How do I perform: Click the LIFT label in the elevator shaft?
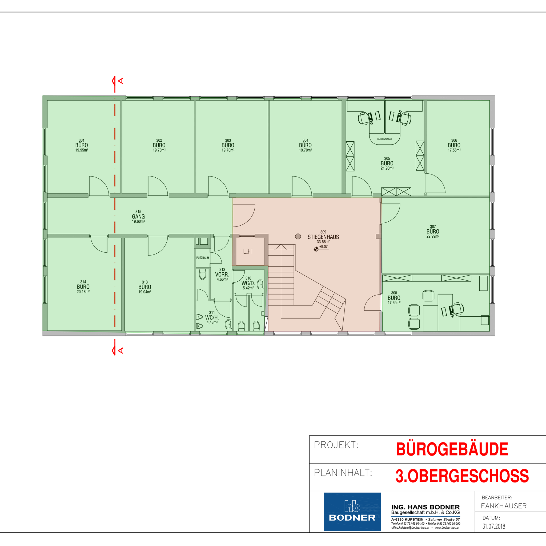pyautogui.click(x=248, y=251)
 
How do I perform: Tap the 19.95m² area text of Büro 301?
pyautogui.click(x=81, y=150)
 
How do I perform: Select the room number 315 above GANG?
pyautogui.click(x=138, y=212)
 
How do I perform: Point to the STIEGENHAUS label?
pyautogui.click(x=323, y=237)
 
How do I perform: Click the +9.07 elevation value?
pyautogui.click(x=324, y=246)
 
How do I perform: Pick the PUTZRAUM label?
pyautogui.click(x=203, y=258)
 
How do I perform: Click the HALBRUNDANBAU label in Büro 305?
pyautogui.click(x=384, y=139)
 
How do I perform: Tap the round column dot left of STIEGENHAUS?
pyautogui.click(x=298, y=236)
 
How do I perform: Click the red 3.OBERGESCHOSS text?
pyautogui.click(x=462, y=476)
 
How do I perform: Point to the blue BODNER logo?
pyautogui.click(x=352, y=512)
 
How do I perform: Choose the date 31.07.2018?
pyautogui.click(x=494, y=526)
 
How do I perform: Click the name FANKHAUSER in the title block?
pyautogui.click(x=504, y=506)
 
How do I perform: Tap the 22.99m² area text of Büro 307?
pyautogui.click(x=433, y=236)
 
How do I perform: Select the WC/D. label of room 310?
pyautogui.click(x=248, y=283)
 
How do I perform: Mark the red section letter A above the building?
pyautogui.click(x=121, y=81)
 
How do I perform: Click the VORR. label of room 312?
pyautogui.click(x=222, y=274)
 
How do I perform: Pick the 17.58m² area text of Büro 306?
pyautogui.click(x=454, y=150)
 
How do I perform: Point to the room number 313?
pyautogui.click(x=145, y=282)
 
